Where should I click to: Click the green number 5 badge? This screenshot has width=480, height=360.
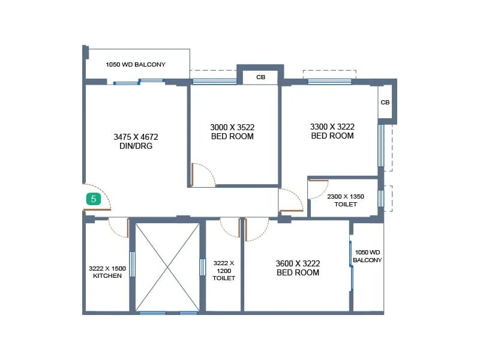click(x=93, y=199)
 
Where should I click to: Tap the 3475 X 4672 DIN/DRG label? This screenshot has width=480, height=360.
click(x=136, y=141)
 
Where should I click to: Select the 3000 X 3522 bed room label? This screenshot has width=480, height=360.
click(x=232, y=131)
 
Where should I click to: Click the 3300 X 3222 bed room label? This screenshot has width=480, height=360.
click(x=332, y=131)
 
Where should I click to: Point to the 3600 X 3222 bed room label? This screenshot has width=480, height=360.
click(x=298, y=268)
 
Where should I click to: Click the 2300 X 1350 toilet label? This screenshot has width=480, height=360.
click(x=345, y=200)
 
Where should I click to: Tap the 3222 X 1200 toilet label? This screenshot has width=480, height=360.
click(x=224, y=271)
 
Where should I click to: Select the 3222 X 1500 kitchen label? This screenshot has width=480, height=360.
click(x=107, y=272)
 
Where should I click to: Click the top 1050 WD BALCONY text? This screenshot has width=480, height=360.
click(x=136, y=64)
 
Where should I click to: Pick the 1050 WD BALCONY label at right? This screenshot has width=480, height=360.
click(x=367, y=256)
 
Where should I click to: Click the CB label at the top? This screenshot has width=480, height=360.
click(x=260, y=77)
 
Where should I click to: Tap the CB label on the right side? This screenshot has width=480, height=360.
click(x=385, y=103)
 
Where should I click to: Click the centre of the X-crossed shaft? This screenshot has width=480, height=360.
click(x=167, y=266)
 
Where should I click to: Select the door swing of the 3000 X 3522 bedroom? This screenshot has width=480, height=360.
click(x=204, y=175)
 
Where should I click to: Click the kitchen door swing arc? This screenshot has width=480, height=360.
click(x=118, y=229)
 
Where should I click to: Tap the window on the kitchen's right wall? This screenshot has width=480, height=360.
click(x=132, y=264)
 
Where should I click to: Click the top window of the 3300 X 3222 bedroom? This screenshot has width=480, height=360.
click(x=329, y=81)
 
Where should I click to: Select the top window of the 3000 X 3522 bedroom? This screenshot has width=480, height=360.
click(x=214, y=82)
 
